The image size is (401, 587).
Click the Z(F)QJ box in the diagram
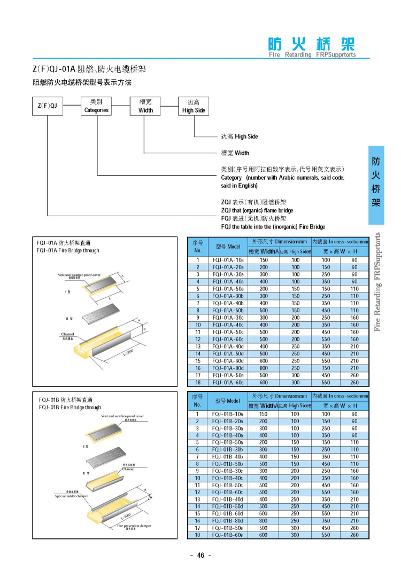coord(48,106)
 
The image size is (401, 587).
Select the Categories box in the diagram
coord(96,106)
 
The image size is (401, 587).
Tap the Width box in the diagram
coord(145,106)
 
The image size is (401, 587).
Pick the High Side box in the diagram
coord(194,106)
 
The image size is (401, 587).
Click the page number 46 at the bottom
coord(200,555)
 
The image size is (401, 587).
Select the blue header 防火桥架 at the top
coord(311,44)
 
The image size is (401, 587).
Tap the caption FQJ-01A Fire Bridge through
coord(68,250)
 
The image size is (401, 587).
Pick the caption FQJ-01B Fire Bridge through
coord(70,407)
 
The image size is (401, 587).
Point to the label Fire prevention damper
coord(134,526)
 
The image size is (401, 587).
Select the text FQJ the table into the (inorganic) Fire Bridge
coord(273,226)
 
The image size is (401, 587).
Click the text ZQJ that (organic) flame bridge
coord(257,210)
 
